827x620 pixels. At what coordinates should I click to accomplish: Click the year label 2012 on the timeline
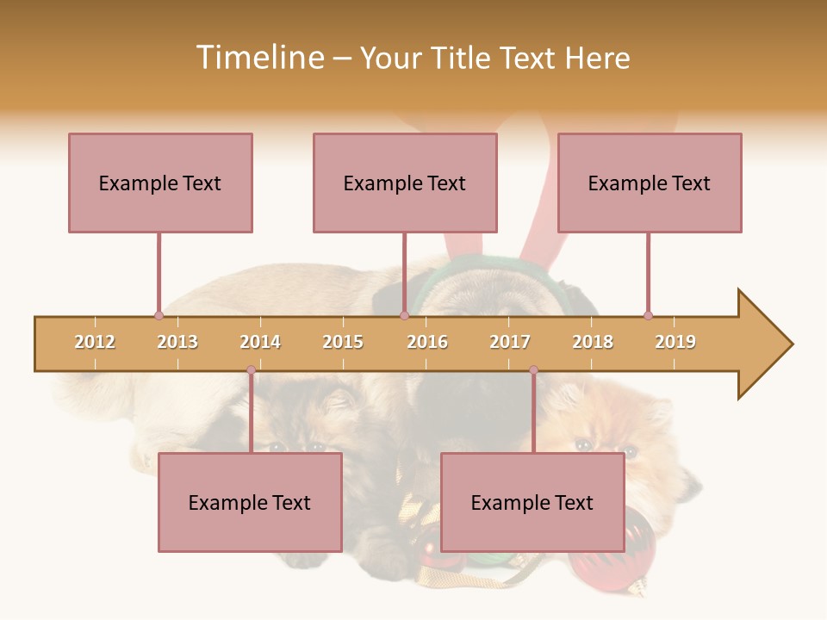[x=95, y=342]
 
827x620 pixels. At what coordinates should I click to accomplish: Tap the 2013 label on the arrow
[x=177, y=342]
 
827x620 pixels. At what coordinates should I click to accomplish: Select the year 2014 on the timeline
[x=260, y=342]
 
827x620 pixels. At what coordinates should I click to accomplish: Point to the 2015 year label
[x=343, y=342]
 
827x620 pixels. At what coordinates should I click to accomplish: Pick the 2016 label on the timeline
[x=427, y=342]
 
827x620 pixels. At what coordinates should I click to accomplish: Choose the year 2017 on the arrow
[x=510, y=342]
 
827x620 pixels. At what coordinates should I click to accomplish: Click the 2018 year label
[x=593, y=342]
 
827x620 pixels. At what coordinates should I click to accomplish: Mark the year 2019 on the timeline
[x=675, y=342]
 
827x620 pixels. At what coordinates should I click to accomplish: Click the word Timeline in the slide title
[x=258, y=58]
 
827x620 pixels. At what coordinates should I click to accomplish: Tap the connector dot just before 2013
[x=159, y=315]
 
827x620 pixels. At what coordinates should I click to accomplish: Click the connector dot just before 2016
[x=404, y=315]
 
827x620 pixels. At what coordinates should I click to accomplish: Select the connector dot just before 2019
[x=648, y=315]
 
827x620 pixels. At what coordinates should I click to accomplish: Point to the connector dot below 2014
[x=251, y=370]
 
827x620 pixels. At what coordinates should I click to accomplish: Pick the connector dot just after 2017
[x=533, y=370]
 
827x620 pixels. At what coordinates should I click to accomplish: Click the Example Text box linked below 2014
[x=250, y=502]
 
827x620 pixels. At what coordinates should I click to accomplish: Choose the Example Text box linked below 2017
[x=532, y=502]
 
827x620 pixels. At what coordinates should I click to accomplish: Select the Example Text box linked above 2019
[x=650, y=183]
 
